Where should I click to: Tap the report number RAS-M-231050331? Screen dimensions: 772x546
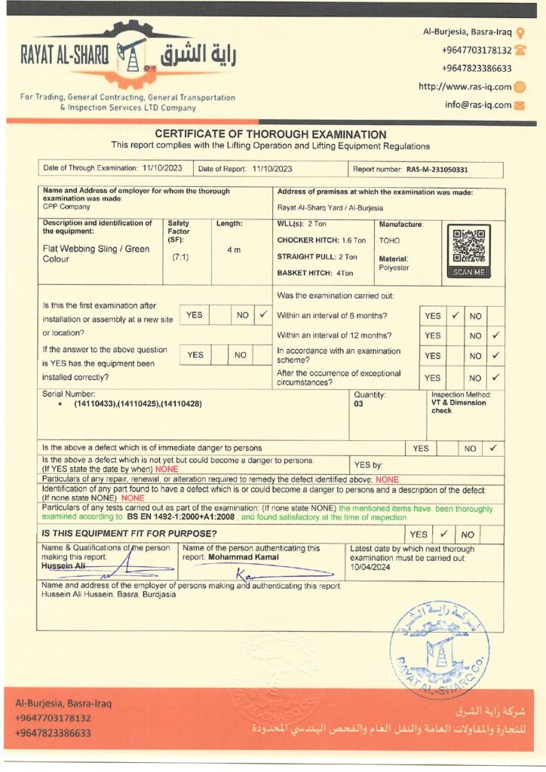tap(437, 170)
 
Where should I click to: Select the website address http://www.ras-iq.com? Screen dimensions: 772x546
tap(465, 87)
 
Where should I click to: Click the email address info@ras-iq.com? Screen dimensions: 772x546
tap(478, 105)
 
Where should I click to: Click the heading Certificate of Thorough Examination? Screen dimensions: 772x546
tap(270, 134)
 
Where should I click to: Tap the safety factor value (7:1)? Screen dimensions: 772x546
tap(181, 257)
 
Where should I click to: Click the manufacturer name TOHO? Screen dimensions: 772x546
tap(390, 241)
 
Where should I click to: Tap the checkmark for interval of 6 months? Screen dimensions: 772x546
tap(456, 316)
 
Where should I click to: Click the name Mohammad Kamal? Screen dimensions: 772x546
tap(243, 557)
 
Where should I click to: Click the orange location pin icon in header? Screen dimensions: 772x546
tap(520, 32)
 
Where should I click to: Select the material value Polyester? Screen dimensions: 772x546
tap(394, 268)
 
